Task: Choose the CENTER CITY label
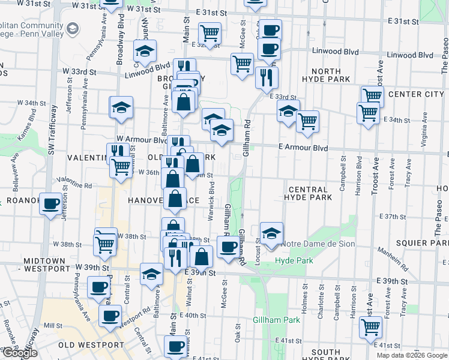point(416,94)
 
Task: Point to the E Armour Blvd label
point(303,148)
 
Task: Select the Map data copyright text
point(411,355)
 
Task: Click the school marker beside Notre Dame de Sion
point(271,234)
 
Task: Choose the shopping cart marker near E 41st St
point(370,327)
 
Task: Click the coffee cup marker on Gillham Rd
point(228,247)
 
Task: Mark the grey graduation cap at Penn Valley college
point(73,28)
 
